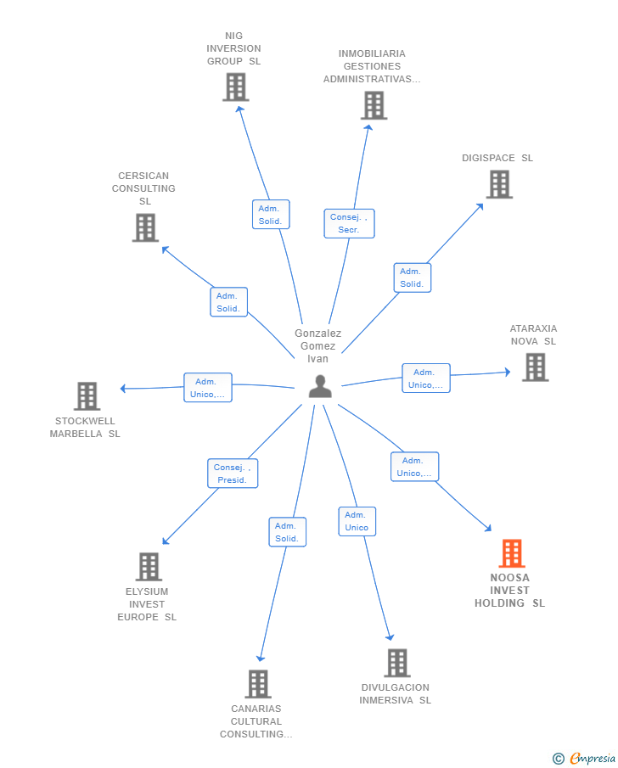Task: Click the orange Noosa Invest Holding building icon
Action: pyautogui.click(x=512, y=553)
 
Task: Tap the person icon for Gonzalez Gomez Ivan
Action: pyautogui.click(x=320, y=386)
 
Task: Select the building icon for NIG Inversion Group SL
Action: pyautogui.click(x=236, y=87)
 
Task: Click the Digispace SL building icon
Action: pyautogui.click(x=499, y=184)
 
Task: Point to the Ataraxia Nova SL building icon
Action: pyautogui.click(x=535, y=367)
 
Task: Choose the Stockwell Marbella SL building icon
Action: pyautogui.click(x=87, y=395)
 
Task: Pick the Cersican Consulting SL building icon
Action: pyautogui.click(x=145, y=227)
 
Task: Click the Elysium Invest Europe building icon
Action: pyautogui.click(x=149, y=567)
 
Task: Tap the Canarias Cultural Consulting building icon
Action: pyautogui.click(x=258, y=684)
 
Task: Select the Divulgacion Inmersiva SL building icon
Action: pyautogui.click(x=397, y=663)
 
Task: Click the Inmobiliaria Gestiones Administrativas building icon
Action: pyautogui.click(x=374, y=105)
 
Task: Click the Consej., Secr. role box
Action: pyautogui.click(x=349, y=223)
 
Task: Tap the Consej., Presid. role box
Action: pyautogui.click(x=233, y=474)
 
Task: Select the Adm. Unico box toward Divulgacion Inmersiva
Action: pyautogui.click(x=357, y=521)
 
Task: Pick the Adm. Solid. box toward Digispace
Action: pyautogui.click(x=413, y=277)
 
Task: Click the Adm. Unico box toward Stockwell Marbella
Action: pyautogui.click(x=208, y=388)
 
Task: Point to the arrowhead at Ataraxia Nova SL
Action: pyautogui.click(x=508, y=373)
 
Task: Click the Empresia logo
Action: pyautogui.click(x=584, y=758)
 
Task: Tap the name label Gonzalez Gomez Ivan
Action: pyautogui.click(x=317, y=345)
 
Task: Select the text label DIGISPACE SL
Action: pyautogui.click(x=497, y=158)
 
